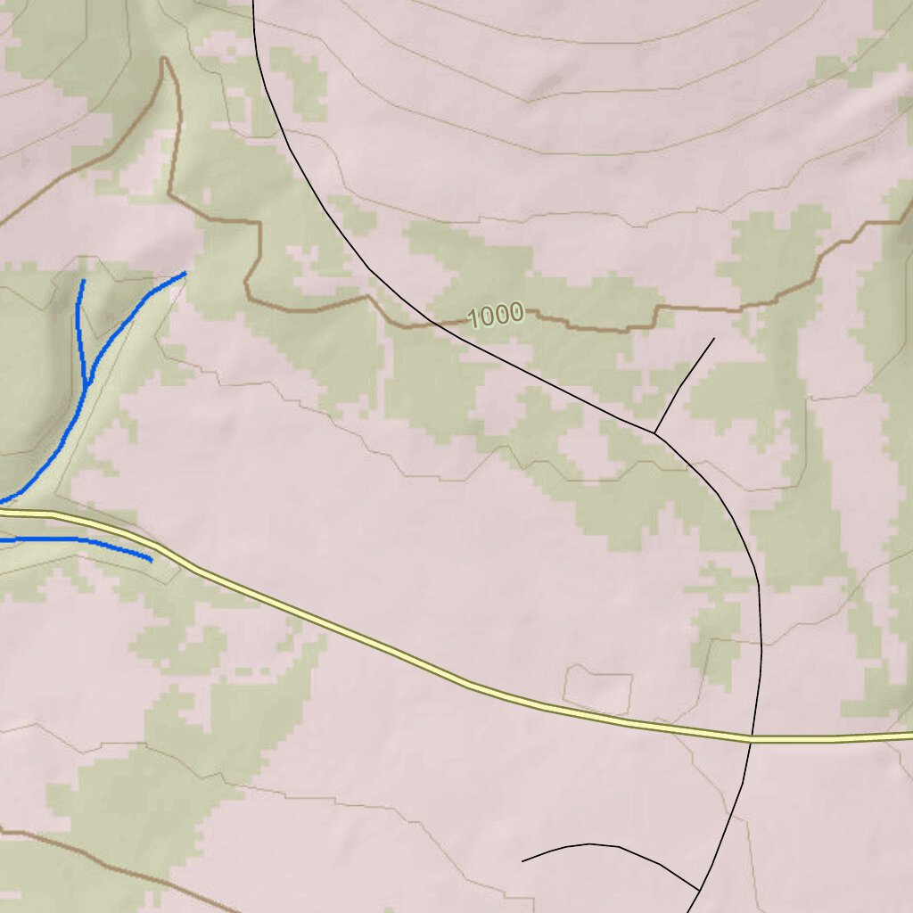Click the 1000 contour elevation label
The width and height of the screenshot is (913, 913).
pos(495,315)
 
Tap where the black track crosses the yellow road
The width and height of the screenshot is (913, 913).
pos(751,738)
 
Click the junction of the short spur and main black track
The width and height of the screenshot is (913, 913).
pos(654,433)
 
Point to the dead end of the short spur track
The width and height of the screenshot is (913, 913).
pos(714,339)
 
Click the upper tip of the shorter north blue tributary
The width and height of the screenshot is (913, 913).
pos(83,281)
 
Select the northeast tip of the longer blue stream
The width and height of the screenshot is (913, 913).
pos(185,273)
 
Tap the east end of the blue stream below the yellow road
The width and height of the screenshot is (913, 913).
pos(151,561)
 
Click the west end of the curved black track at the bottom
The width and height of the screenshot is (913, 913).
pos(522,861)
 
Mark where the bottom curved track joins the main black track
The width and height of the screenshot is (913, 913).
pos(698,890)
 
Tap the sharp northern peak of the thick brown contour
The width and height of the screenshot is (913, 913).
pos(164,60)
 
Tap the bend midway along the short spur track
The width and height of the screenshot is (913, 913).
pos(679,385)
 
